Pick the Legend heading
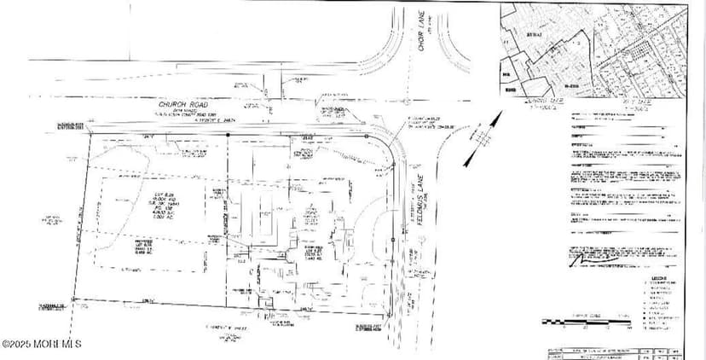657,277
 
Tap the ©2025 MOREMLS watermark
42,344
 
